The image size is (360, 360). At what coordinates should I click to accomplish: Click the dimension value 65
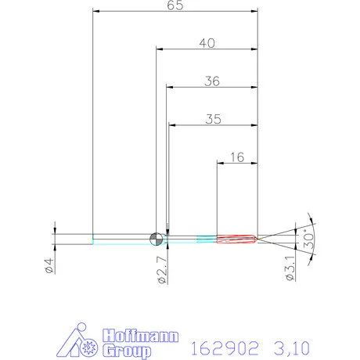175,6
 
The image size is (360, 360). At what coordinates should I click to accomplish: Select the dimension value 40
207,44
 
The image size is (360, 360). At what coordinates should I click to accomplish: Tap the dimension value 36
212,81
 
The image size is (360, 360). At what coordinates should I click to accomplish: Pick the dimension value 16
238,157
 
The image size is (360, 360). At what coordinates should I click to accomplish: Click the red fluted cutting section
235,237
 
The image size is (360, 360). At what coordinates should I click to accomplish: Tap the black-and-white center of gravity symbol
156,237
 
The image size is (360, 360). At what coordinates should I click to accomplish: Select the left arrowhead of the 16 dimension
220,163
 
